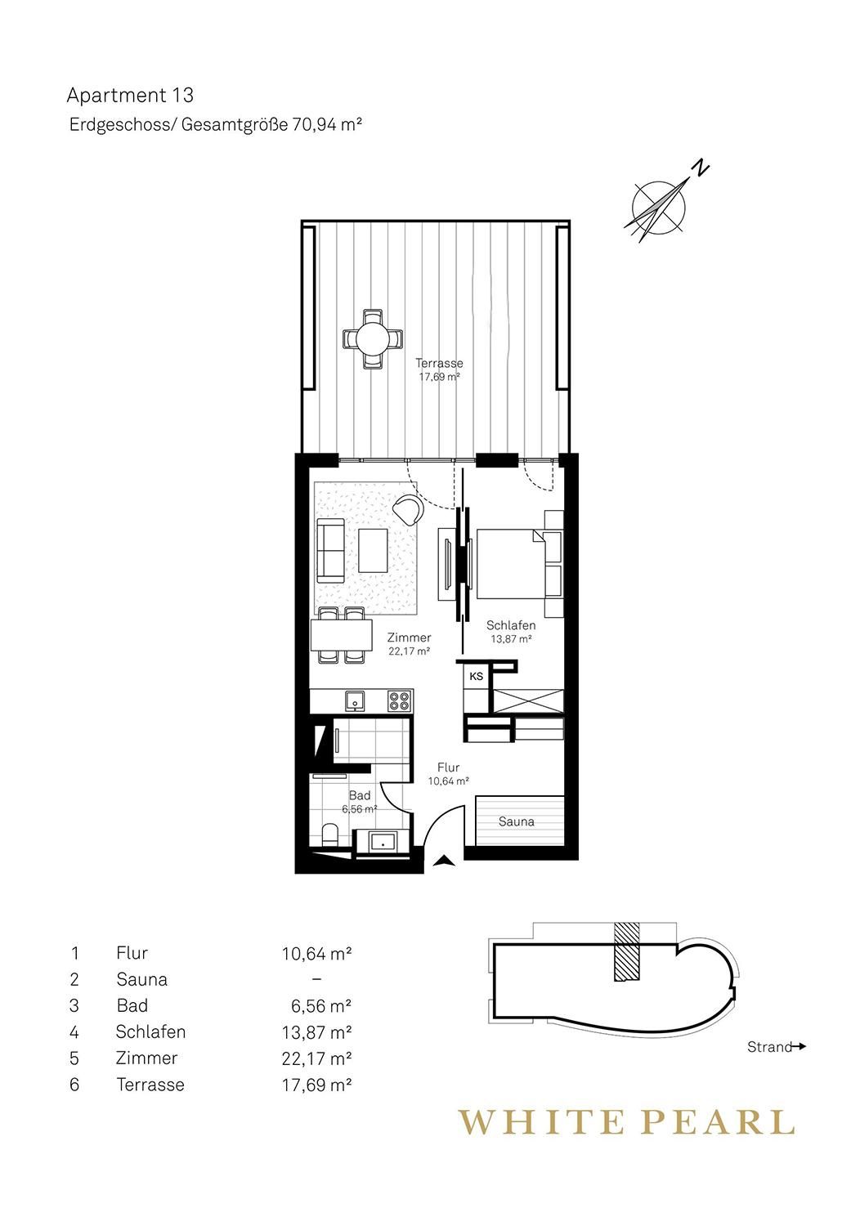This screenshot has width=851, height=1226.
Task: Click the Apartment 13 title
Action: point(130,96)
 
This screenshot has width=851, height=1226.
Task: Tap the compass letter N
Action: point(701,168)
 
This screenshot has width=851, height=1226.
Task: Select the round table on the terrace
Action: point(372,339)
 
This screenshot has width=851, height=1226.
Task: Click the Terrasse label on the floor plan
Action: point(439,363)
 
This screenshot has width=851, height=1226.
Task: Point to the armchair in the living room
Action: point(410,508)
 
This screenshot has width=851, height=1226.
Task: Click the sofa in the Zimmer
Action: point(330,551)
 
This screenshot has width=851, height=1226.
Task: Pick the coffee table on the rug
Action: point(373,551)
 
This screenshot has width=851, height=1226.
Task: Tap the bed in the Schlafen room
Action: point(511,563)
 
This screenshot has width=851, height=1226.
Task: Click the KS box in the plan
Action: point(476,677)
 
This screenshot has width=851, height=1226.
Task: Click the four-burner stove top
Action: point(400,701)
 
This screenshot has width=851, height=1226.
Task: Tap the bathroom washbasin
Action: point(382,843)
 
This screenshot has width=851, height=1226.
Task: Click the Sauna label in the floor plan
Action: point(516,821)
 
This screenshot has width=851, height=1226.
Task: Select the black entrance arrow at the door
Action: point(443,861)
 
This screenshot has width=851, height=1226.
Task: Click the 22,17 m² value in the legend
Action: point(316,1058)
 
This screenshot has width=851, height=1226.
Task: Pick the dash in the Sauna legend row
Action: point(316,979)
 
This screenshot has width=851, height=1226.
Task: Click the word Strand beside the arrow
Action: point(769,1047)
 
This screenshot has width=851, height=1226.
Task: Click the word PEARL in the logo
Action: point(722,1121)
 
